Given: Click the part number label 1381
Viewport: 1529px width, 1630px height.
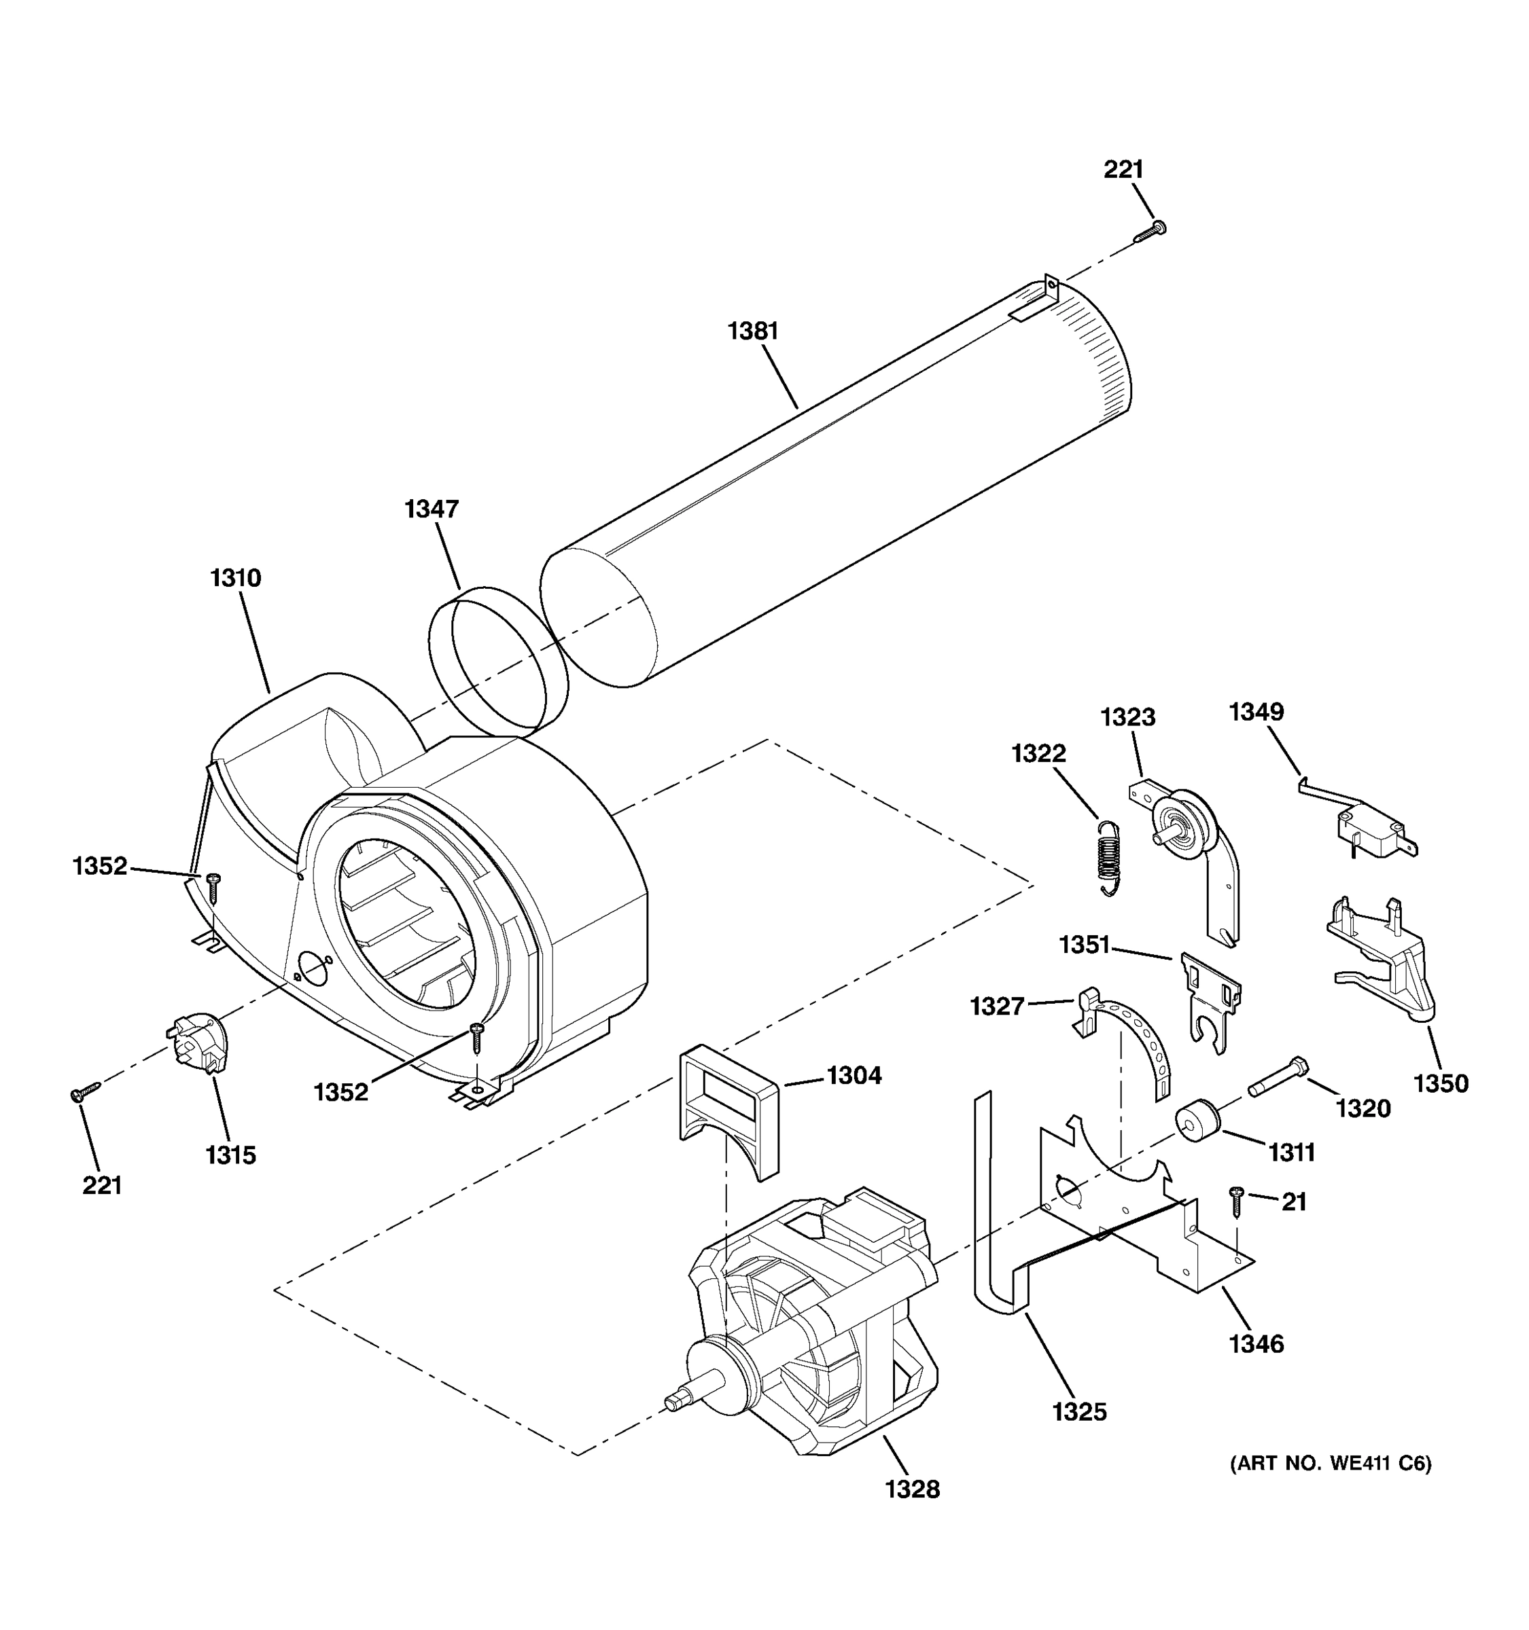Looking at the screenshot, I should click(752, 331).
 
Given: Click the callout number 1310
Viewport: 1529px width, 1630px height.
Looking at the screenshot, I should click(235, 578).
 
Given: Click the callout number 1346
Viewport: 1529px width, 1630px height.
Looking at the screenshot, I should click(1256, 1345).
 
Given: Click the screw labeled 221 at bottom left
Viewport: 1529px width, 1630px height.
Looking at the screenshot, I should click(84, 1092).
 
